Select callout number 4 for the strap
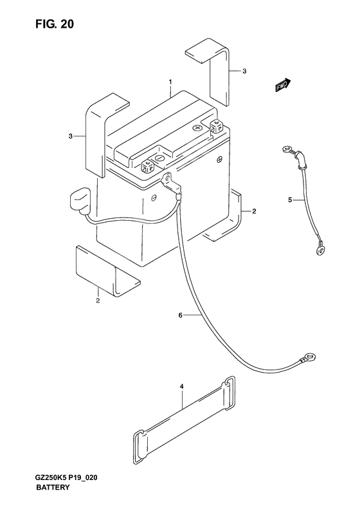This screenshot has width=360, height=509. (182, 386)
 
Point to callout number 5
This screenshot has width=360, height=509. (290, 200)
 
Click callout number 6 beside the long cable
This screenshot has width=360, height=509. (181, 315)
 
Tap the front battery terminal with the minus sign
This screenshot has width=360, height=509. (148, 166)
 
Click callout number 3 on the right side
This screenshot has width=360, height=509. (244, 71)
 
